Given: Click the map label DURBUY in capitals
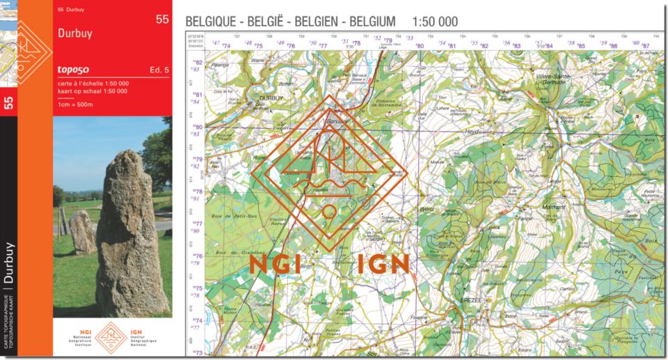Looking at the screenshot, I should [271, 99].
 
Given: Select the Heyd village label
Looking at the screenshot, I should [473, 131].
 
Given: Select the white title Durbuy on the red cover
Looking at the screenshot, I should [75, 33].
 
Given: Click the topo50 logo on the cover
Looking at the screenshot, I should [75, 69].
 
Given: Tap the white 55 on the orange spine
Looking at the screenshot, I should [8, 103].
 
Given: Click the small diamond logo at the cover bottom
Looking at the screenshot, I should [111, 336].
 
